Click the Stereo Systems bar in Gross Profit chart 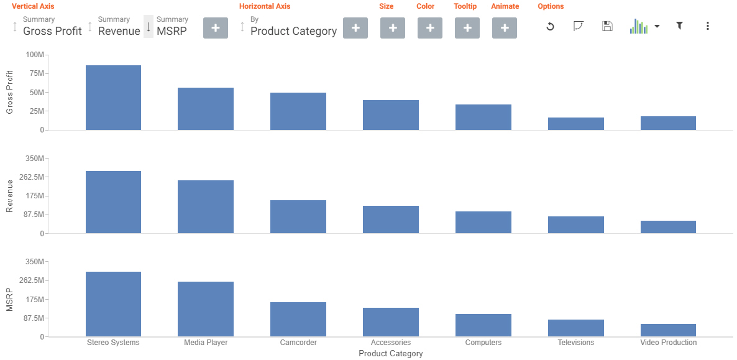pyautogui.click(x=113, y=98)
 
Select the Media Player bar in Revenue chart pyautogui.click(x=206, y=206)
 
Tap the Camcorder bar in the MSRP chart pyautogui.click(x=298, y=320)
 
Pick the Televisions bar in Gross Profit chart pyautogui.click(x=576, y=124)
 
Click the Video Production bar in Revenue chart pyautogui.click(x=668, y=227)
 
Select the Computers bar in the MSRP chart pyautogui.click(x=483, y=325)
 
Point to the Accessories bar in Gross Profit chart pyautogui.click(x=391, y=115)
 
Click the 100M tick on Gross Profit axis pyautogui.click(x=34, y=55)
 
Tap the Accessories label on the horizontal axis pyautogui.click(x=391, y=343)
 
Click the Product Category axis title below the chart pyautogui.click(x=391, y=354)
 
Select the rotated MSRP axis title pyautogui.click(x=9, y=299)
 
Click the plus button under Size pyautogui.click(x=393, y=28)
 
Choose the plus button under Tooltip pyautogui.click(x=467, y=28)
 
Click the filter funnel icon pyautogui.click(x=680, y=26)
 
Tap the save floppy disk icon pyautogui.click(x=608, y=26)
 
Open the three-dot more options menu pyautogui.click(x=708, y=26)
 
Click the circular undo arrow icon pyautogui.click(x=550, y=26)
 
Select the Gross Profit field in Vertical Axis pyautogui.click(x=52, y=30)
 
